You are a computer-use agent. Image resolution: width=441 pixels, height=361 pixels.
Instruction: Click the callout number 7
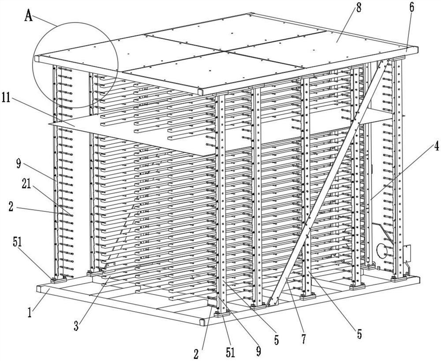pyautogui.click(x=303, y=338)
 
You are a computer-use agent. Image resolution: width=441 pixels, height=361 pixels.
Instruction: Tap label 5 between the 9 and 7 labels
pyautogui.click(x=276, y=339)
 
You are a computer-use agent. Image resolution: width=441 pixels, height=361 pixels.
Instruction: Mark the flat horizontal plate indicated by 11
pyautogui.click(x=132, y=132)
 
